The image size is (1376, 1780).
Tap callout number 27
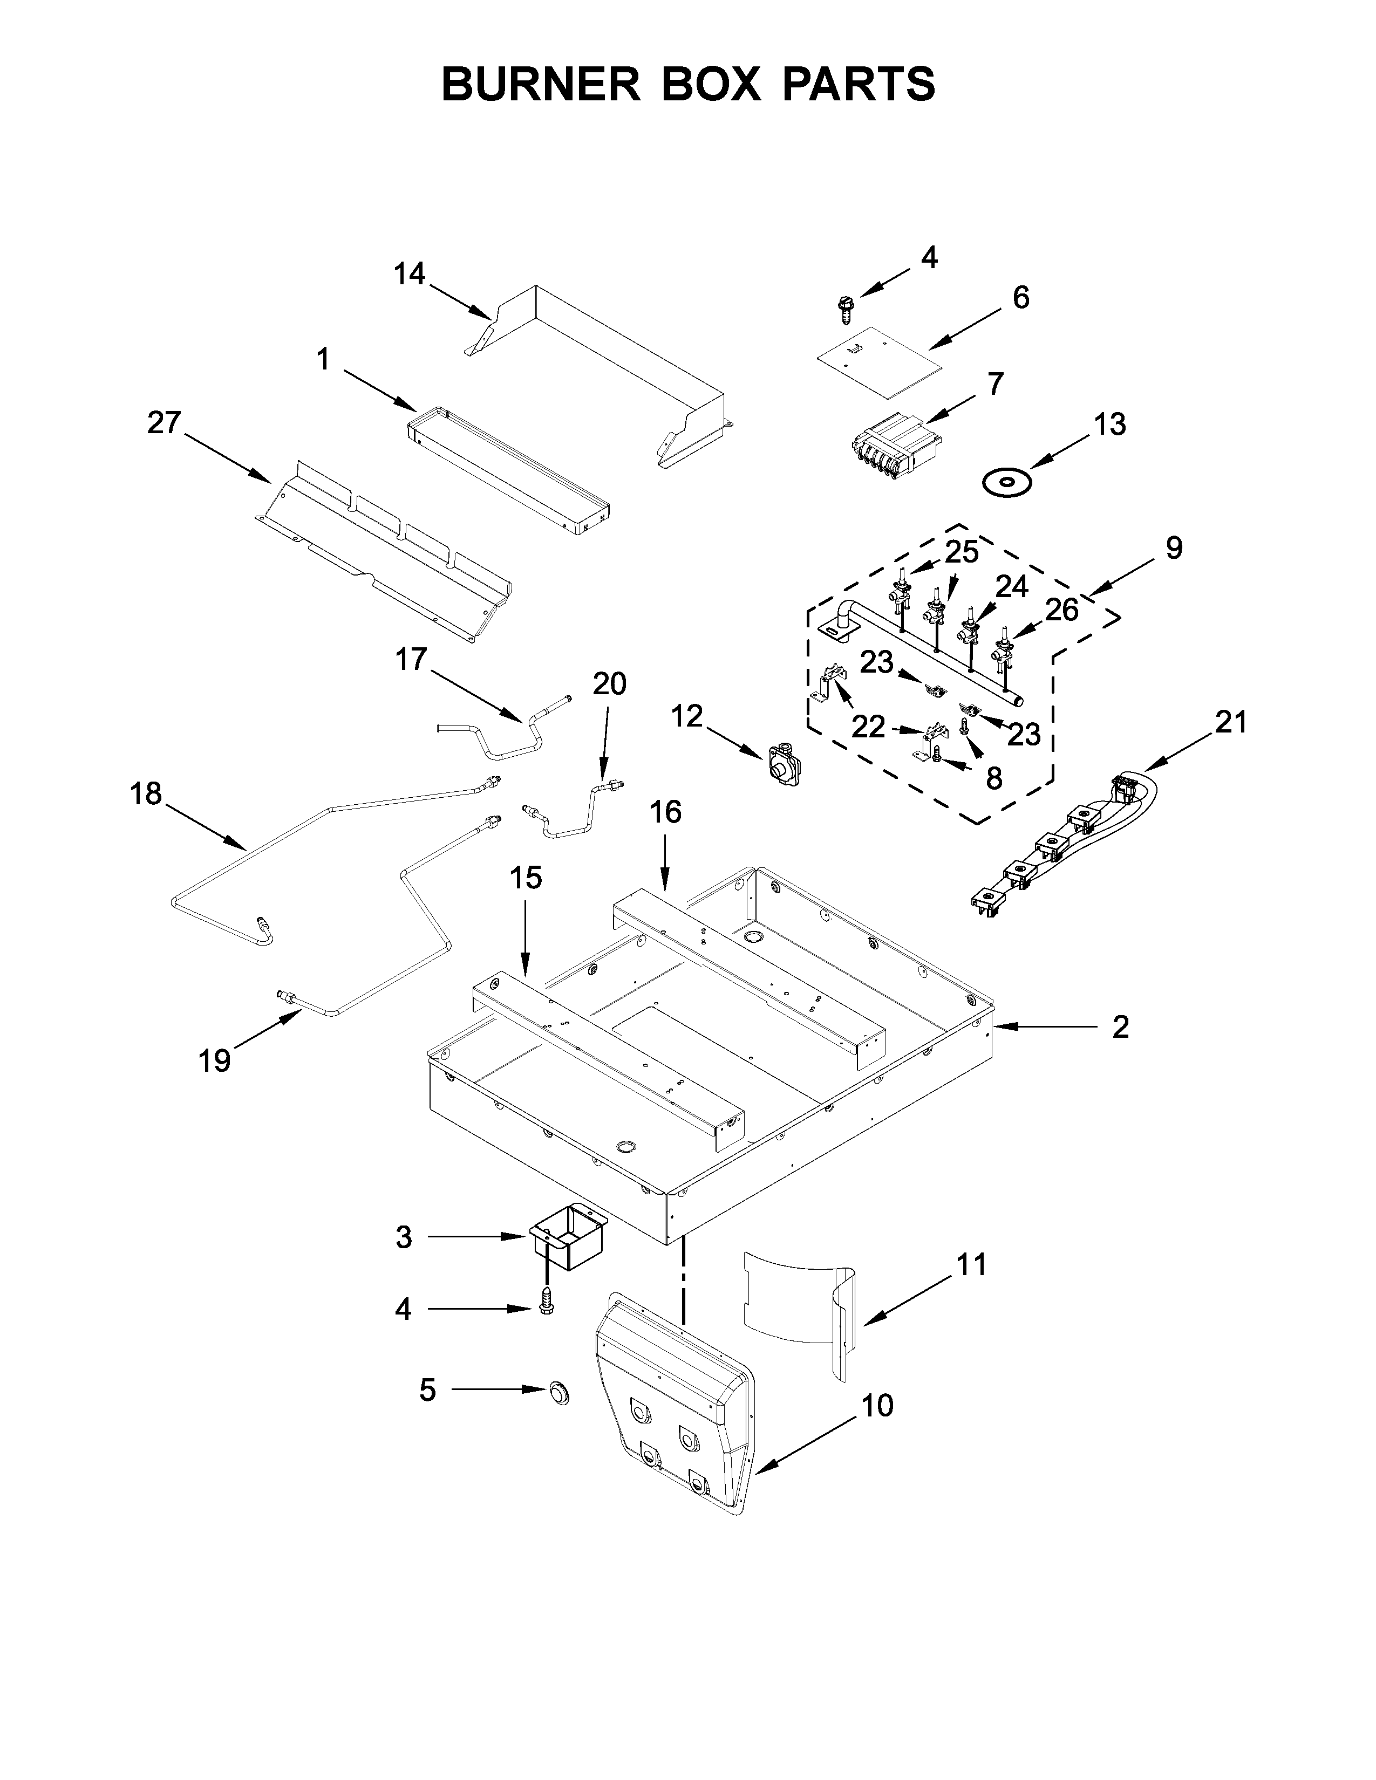(x=164, y=423)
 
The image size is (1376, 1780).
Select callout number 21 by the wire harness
(x=1231, y=722)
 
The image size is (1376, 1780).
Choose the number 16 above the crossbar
(x=665, y=812)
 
